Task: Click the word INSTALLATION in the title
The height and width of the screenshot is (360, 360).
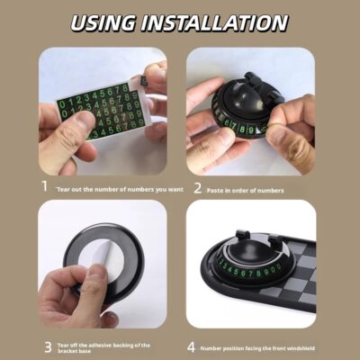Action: [221, 22]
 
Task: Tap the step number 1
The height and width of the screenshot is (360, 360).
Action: [45, 187]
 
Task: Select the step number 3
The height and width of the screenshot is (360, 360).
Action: [45, 346]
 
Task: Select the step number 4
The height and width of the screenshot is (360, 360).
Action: [192, 346]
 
